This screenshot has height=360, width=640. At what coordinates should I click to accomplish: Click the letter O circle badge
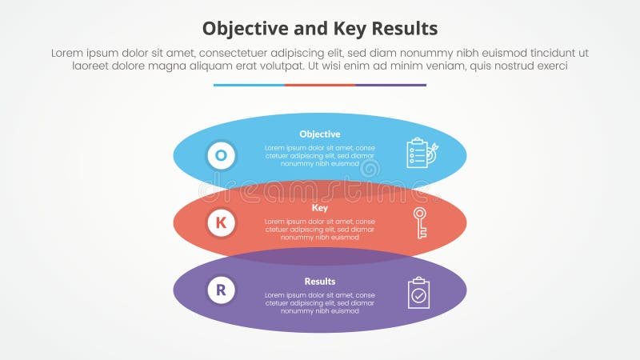[x=222, y=155]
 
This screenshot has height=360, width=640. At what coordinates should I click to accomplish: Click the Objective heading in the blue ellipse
[x=319, y=134]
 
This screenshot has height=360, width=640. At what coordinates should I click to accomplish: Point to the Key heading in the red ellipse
[x=319, y=207]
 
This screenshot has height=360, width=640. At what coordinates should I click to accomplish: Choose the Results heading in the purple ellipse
[x=319, y=282]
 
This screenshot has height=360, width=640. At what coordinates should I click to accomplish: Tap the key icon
[x=419, y=222]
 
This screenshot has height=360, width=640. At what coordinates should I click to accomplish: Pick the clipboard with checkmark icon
[x=418, y=293]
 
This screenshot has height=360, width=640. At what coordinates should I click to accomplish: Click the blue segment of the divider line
[x=249, y=85]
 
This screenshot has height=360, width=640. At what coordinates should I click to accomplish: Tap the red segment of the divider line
[x=319, y=85]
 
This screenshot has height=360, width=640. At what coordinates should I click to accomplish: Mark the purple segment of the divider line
[x=390, y=85]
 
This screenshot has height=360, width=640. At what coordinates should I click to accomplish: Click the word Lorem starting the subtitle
[x=68, y=53]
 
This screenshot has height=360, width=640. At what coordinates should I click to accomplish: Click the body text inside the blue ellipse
[x=319, y=156]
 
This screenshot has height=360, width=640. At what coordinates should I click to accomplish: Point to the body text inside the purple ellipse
[x=319, y=303]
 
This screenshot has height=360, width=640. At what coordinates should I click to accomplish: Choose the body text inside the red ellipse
[x=319, y=229]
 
